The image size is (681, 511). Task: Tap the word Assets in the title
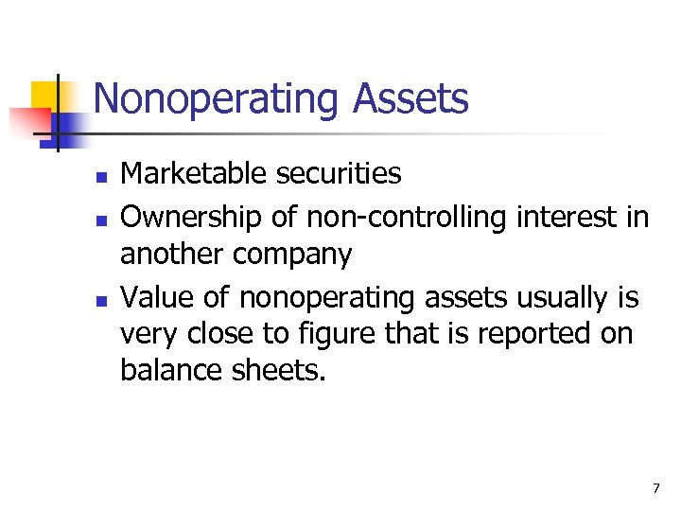coord(414,98)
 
